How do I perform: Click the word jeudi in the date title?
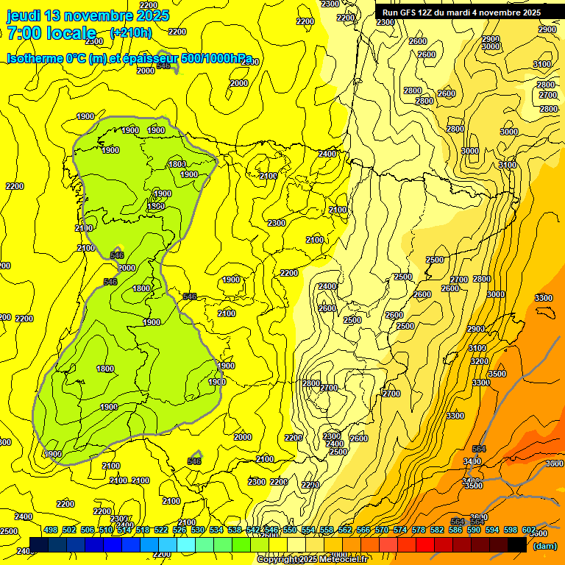(x=24, y=15)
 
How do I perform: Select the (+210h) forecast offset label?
(x=131, y=32)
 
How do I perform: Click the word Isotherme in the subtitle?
(x=35, y=58)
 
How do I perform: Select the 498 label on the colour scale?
(x=51, y=530)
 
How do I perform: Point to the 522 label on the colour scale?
(x=161, y=530)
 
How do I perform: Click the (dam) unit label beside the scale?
(x=544, y=546)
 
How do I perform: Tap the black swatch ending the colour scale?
(x=517, y=544)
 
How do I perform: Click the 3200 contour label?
(x=480, y=361)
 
